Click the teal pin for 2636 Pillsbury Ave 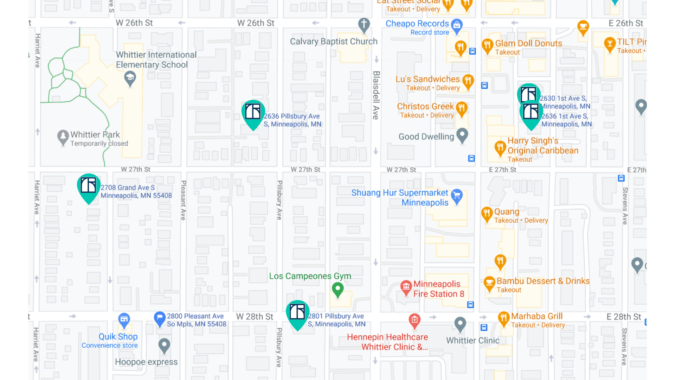click(x=253, y=113)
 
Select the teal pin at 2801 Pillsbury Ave click(x=297, y=313)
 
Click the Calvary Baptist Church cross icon click(x=364, y=25)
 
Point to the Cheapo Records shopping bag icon click(x=457, y=25)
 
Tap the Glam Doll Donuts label click(x=528, y=43)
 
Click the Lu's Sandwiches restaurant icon click(x=468, y=81)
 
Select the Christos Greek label click(x=425, y=106)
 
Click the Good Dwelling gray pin click(x=462, y=134)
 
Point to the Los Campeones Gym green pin click(x=338, y=289)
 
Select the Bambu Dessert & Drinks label click(x=543, y=281)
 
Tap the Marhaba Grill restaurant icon click(x=504, y=318)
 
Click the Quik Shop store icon click(x=124, y=319)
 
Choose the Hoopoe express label click(x=146, y=362)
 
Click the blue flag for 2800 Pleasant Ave click(x=160, y=318)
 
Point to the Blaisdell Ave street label click(x=376, y=95)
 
